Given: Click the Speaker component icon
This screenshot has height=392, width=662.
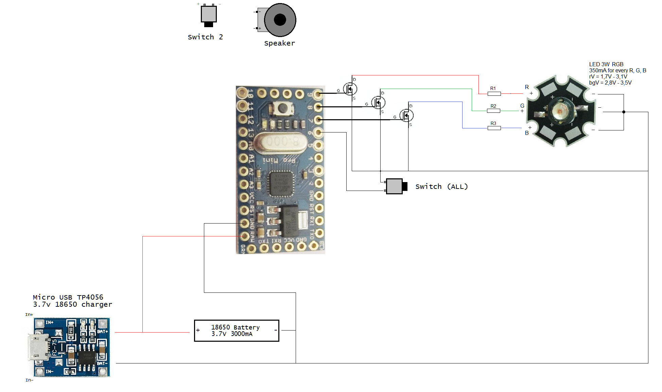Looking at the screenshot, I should [x=279, y=20].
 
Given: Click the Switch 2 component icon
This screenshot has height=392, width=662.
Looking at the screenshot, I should [x=209, y=15].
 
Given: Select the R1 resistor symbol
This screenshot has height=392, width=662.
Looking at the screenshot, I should [x=494, y=93].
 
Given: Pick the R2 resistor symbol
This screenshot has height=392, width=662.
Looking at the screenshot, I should [x=493, y=111].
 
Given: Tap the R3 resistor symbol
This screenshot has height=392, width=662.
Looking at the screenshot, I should [x=494, y=128].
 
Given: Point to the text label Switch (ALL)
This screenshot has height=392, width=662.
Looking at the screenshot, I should [x=441, y=186].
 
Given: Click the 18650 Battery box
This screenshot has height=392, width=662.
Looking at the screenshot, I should [x=237, y=331].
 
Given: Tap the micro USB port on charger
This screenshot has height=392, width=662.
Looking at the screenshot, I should [x=36, y=347].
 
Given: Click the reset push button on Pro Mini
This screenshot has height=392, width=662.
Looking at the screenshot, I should [x=282, y=108].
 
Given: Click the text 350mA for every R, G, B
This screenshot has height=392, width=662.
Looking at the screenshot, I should [x=617, y=71].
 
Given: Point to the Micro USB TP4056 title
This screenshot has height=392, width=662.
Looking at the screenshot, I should [x=68, y=297].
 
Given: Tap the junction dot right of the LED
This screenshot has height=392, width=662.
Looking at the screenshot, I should [x=624, y=112].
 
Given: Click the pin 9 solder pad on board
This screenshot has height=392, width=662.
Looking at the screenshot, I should [x=318, y=94].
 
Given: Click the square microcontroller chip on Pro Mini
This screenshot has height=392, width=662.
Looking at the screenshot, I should [x=281, y=184].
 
